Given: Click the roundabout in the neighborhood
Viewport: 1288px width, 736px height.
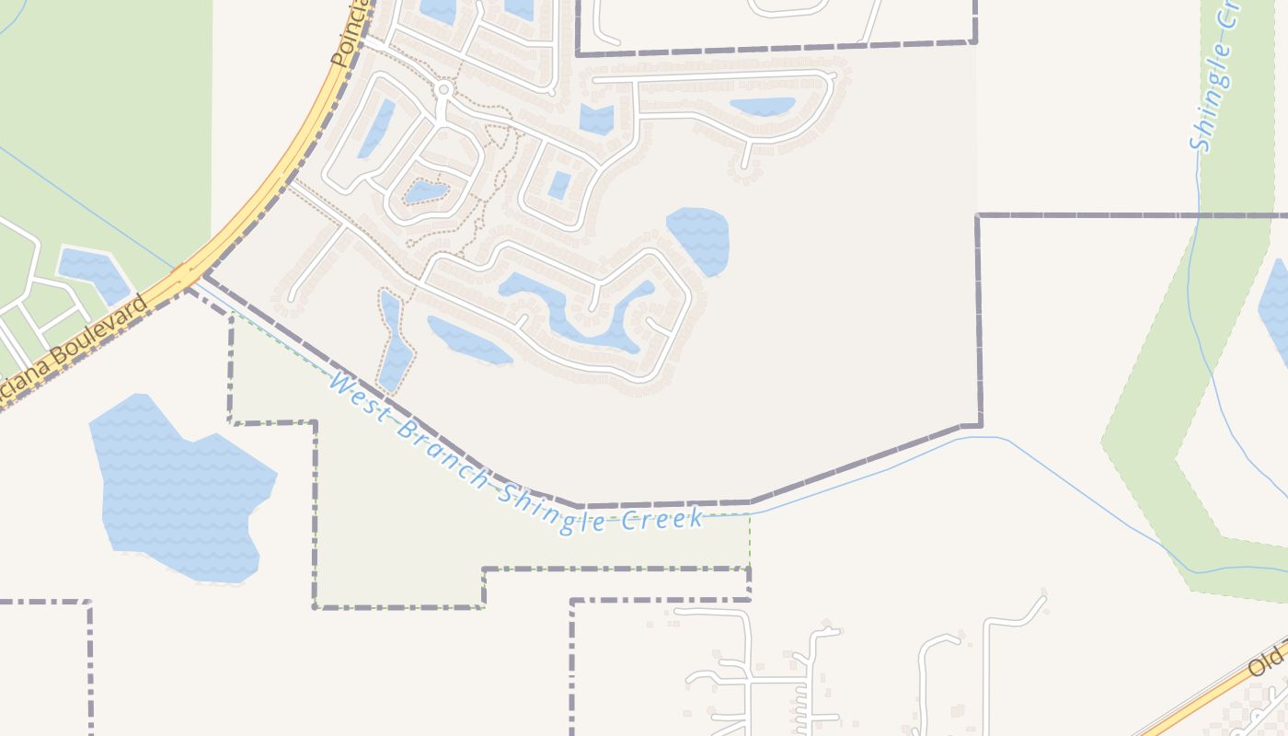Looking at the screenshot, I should point(444,89).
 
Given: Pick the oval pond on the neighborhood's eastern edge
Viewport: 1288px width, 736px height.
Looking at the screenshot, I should point(698,240).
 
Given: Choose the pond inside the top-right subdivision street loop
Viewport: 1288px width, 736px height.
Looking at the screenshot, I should point(762,107).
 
